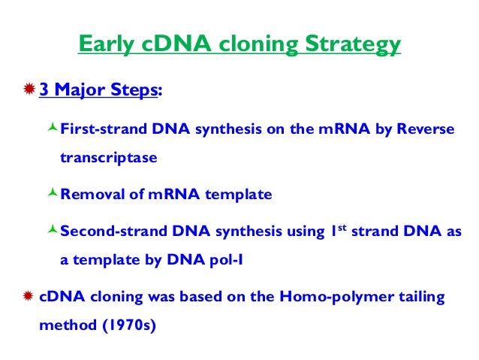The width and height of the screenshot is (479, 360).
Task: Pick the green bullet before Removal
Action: point(52,194)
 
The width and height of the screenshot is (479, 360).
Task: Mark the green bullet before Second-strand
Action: point(52,231)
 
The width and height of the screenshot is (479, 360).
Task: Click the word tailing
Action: point(422,297)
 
